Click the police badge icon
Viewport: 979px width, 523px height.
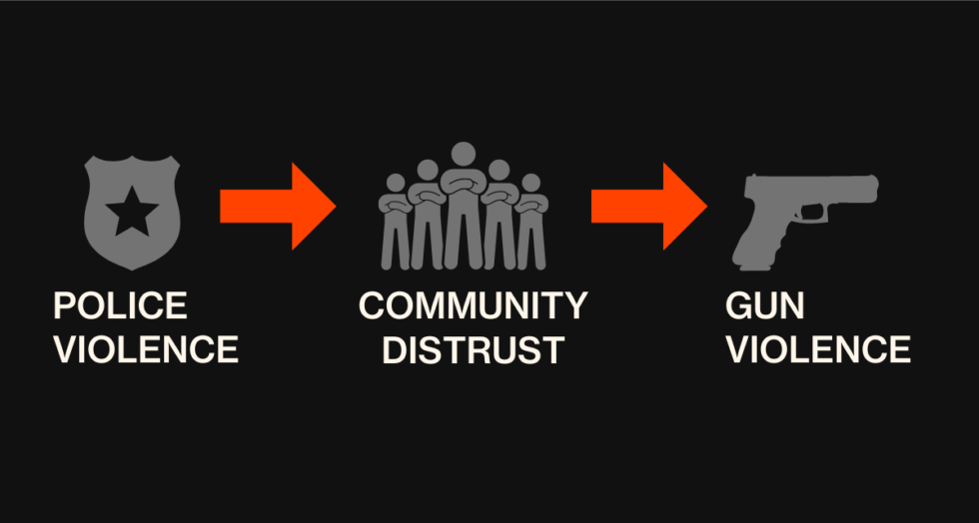132,213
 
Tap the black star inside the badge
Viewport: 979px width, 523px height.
132,212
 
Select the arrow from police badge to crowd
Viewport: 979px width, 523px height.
278,206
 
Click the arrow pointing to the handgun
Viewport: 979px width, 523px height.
649,206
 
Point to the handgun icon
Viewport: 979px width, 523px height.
805,222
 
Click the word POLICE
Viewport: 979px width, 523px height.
121,305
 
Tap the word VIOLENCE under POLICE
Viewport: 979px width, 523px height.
146,349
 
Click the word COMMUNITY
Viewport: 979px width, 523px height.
473,305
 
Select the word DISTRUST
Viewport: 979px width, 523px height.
474,349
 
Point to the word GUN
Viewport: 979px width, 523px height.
765,305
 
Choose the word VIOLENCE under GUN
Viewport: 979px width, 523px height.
818,349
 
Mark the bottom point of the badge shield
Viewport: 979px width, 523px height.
132,270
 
